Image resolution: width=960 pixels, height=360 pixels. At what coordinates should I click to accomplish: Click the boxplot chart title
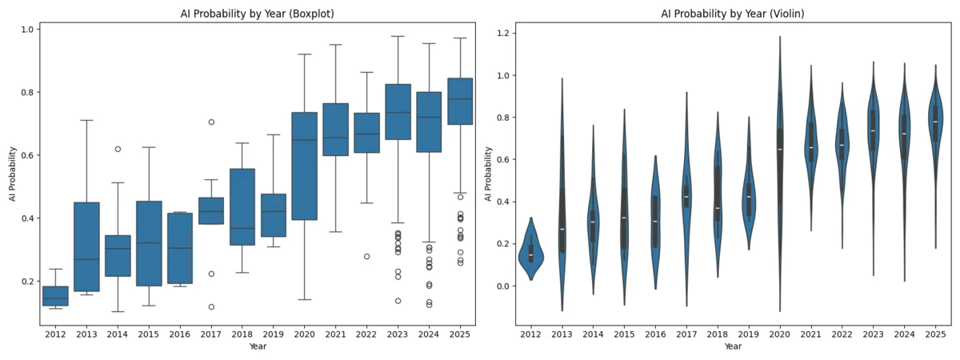coord(257,13)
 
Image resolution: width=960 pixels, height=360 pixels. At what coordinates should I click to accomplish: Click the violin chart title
coord(733,13)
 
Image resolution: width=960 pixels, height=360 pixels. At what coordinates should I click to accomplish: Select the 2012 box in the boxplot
coord(55,296)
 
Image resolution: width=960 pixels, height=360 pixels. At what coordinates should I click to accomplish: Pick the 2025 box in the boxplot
coord(460,101)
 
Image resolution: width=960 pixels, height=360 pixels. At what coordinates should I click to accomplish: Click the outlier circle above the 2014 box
coord(118,149)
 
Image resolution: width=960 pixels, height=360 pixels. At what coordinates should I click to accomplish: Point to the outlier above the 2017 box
coord(211,122)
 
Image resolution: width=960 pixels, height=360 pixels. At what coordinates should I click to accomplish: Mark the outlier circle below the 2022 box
coord(366,257)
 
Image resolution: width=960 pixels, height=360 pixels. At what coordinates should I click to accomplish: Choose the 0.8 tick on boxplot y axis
coord(27,92)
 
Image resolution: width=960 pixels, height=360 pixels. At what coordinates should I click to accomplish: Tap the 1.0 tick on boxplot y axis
coord(27,30)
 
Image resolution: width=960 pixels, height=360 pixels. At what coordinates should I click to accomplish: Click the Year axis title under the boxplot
coord(257,347)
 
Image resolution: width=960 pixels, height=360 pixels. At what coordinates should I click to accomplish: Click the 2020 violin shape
coord(780,160)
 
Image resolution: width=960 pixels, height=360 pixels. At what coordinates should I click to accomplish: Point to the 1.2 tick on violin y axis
coord(502,34)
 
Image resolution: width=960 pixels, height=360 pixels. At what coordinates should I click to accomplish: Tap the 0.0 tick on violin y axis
coord(502,286)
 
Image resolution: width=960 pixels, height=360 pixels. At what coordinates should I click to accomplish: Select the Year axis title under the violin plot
coord(733,347)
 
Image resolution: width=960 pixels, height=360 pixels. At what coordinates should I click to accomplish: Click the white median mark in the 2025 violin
coord(935,122)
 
